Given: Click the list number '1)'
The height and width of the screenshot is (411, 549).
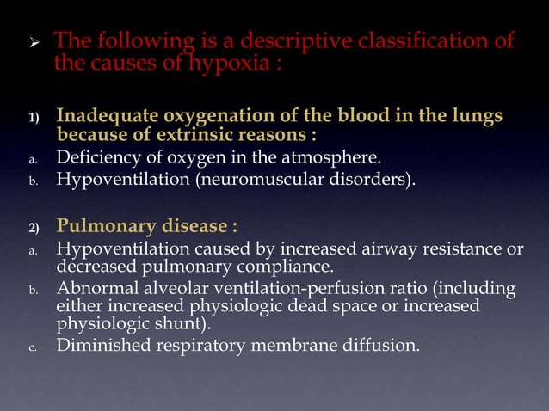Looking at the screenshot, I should (x=31, y=117).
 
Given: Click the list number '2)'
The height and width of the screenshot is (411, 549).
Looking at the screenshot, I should (x=31, y=228).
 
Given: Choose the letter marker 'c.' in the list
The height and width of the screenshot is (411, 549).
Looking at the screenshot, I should (x=30, y=348).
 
